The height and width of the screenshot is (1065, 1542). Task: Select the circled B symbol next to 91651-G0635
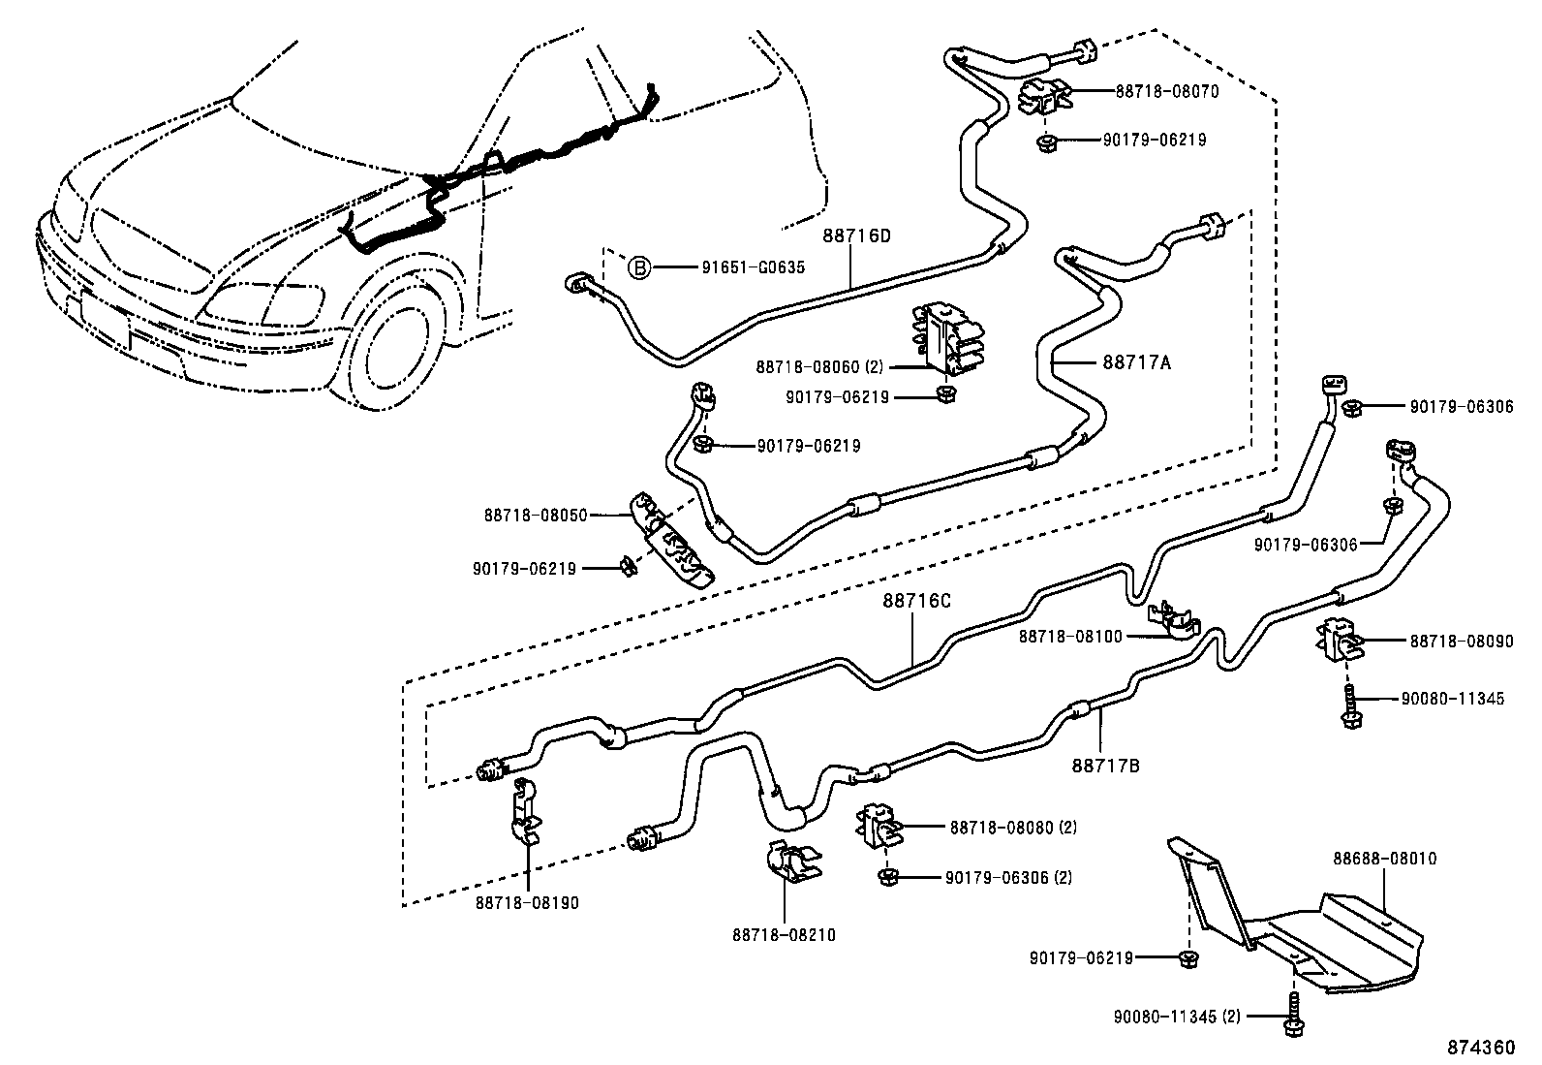point(639,267)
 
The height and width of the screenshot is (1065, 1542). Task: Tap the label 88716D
point(856,235)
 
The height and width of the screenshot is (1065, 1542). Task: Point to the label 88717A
point(1136,362)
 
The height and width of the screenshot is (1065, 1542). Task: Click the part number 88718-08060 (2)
point(819,367)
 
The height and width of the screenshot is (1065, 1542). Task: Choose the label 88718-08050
point(549,516)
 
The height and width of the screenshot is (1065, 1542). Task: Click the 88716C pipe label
point(916,601)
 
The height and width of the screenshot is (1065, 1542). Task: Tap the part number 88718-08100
point(1069,637)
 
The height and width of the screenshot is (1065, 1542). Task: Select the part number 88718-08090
point(1461,641)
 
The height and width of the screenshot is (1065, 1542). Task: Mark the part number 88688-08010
point(1384,859)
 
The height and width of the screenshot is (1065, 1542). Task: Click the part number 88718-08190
point(527,902)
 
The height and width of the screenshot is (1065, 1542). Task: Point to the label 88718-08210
point(784,935)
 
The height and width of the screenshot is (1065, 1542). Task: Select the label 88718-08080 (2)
point(1013,827)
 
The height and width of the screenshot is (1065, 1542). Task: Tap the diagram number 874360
point(1480,1049)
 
